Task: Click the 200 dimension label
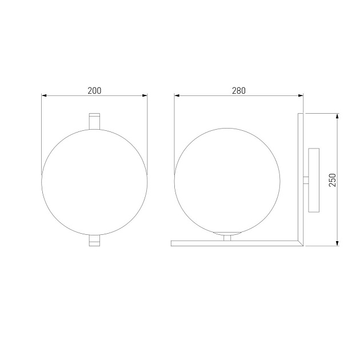95,90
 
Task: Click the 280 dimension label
239,90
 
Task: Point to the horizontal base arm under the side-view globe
234,243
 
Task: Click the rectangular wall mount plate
313,179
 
